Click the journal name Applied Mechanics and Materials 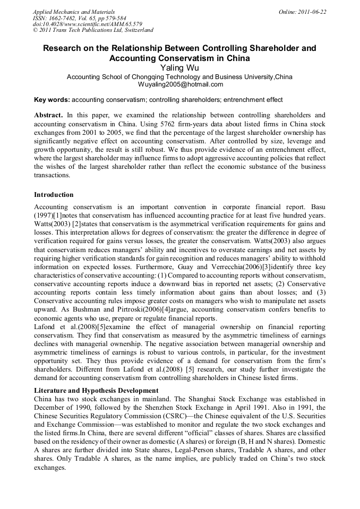click(x=74, y=12)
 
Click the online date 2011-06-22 click(x=313, y=12)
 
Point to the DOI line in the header click(x=87, y=24)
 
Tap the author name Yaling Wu click(x=179, y=67)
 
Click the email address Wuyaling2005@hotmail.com click(x=180, y=84)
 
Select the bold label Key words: click(x=52, y=100)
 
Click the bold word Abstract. click(x=48, y=115)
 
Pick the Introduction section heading click(x=54, y=195)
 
